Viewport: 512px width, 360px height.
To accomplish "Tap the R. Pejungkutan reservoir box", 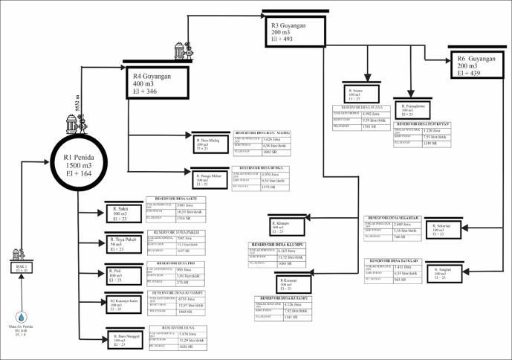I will pos(415,109).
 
